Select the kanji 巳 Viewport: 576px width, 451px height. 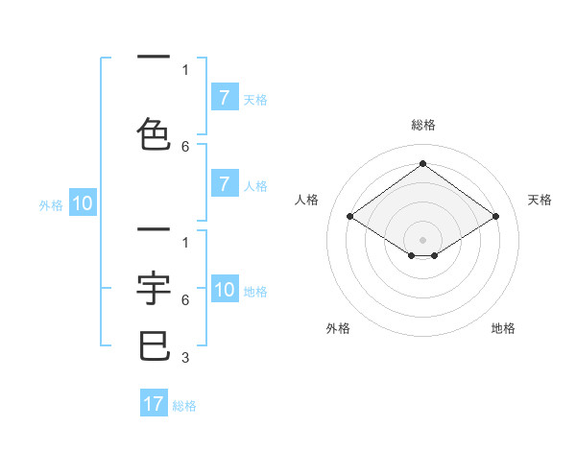click(x=155, y=345)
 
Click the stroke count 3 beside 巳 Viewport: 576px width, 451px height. click(x=184, y=358)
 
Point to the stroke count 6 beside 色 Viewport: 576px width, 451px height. click(x=184, y=146)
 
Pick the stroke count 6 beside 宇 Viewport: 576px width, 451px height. click(x=184, y=299)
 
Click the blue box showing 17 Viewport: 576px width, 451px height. click(x=154, y=404)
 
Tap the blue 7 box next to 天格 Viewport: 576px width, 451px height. click(x=224, y=98)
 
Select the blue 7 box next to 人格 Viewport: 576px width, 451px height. click(x=224, y=184)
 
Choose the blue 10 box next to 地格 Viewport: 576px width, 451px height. click(x=225, y=290)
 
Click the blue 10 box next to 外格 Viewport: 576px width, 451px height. click(x=83, y=203)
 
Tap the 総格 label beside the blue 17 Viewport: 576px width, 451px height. click(x=184, y=406)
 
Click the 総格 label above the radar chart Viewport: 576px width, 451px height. click(x=422, y=125)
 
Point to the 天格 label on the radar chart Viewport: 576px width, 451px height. click(x=540, y=200)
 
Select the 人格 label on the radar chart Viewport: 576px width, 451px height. click(x=306, y=200)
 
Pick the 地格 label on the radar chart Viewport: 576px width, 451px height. click(x=503, y=328)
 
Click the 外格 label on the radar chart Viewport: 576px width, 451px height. click(x=338, y=328)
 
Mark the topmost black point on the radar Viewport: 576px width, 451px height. click(x=422, y=163)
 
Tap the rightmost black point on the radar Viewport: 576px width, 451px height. click(x=495, y=217)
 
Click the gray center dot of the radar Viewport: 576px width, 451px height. click(x=422, y=240)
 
